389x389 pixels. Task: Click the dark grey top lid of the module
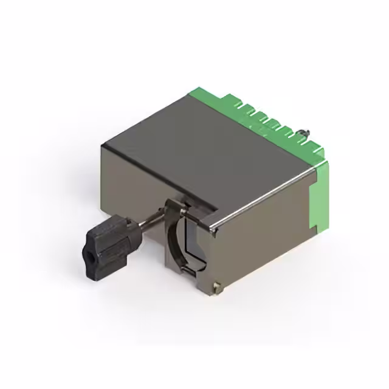201,152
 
